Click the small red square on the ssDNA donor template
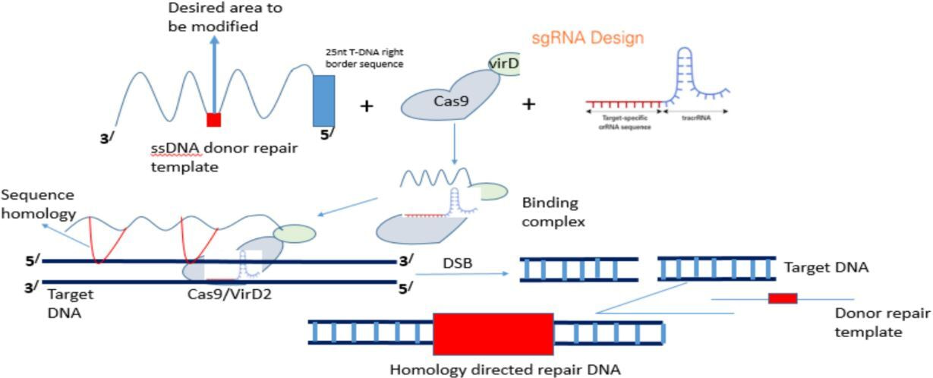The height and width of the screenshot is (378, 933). [x=214, y=120]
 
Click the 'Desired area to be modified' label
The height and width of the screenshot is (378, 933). [x=215, y=17]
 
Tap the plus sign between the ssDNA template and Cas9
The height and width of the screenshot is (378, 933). [x=366, y=106]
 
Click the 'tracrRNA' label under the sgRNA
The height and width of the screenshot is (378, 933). [x=695, y=118]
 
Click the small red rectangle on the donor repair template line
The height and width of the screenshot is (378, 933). [x=783, y=298]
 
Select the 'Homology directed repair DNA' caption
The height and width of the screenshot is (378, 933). [x=505, y=370]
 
